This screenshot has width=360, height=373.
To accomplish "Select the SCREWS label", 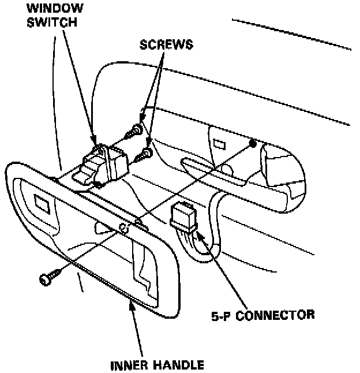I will pyautogui.click(x=167, y=45).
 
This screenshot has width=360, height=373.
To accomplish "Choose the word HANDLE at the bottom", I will pyautogui.click(x=177, y=364).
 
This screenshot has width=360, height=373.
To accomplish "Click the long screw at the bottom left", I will pyautogui.click(x=46, y=279).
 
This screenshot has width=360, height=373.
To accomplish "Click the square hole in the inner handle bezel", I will pyautogui.click(x=42, y=203).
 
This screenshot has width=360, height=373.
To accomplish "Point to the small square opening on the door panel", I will pyautogui.click(x=219, y=143).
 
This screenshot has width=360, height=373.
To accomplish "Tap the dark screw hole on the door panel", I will pyautogui.click(x=252, y=142).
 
